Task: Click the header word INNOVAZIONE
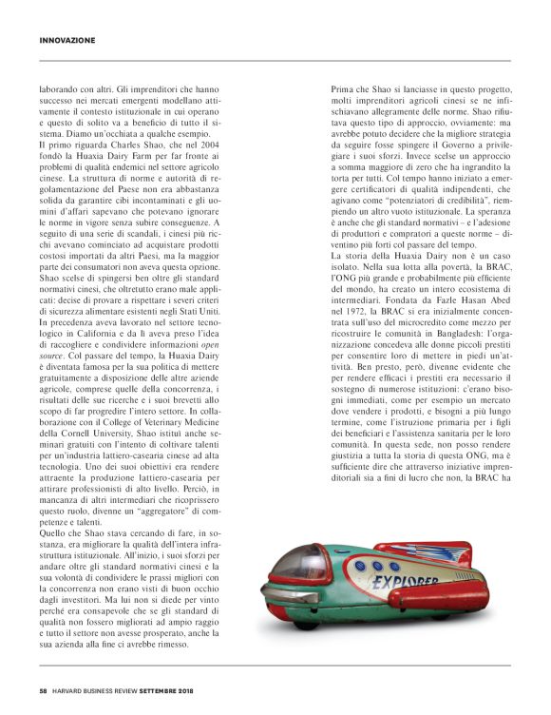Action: click(67, 40)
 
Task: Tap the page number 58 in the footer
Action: click(44, 689)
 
